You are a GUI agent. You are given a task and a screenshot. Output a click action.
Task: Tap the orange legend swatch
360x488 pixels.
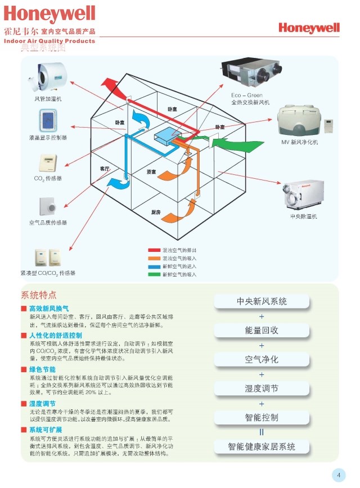pyautogui.click(x=154, y=257)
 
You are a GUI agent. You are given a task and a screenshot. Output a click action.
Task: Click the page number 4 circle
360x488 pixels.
pyautogui.click(x=339, y=475)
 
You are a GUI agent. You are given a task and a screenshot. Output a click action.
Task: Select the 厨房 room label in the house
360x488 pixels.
pyautogui.click(x=156, y=212)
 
